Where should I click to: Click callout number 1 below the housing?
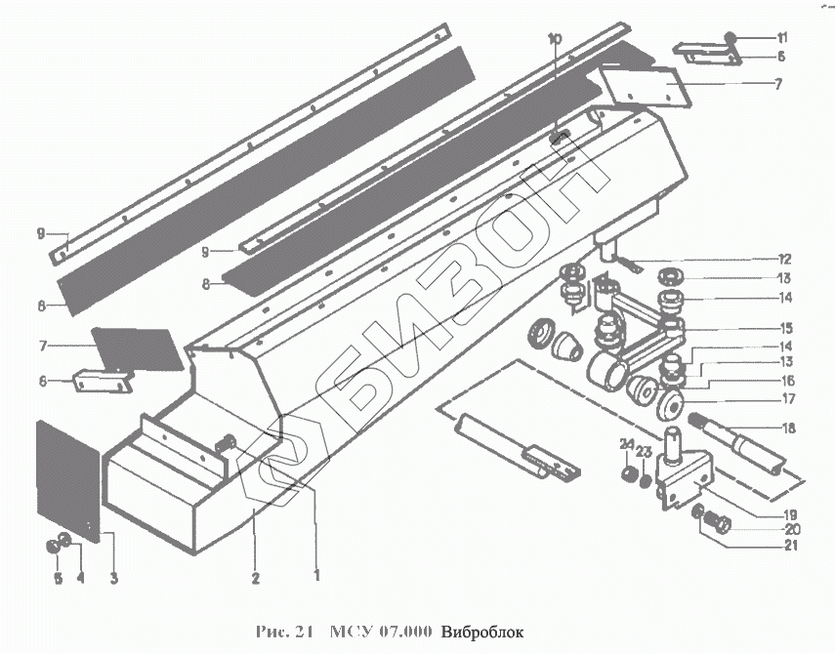coord(316,576)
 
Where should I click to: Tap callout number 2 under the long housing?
coord(255,578)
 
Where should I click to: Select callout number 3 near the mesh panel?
coord(113,579)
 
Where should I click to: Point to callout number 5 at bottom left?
coord(57,578)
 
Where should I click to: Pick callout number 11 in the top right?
coord(781,37)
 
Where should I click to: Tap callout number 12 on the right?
coord(784,259)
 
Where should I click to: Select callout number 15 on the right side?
coord(786,327)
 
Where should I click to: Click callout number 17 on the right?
coord(787,398)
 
